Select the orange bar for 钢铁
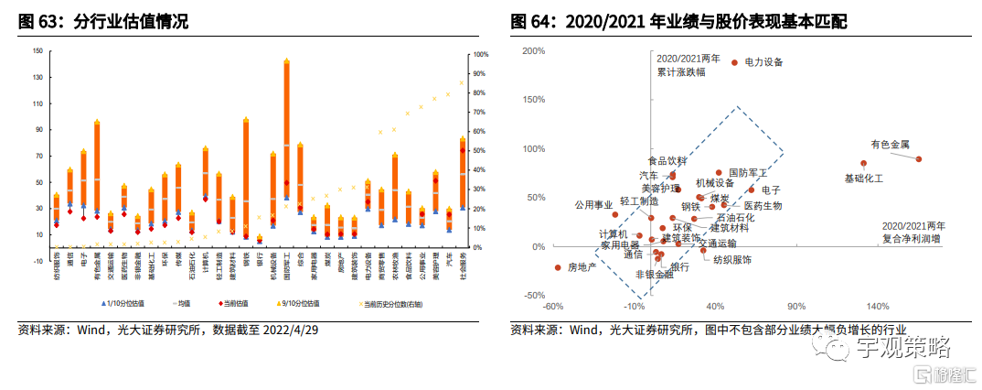246,174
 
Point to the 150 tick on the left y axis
37,51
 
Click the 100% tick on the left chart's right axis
479,55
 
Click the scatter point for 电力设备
733,62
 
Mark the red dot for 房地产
558,267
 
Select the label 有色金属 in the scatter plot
890,144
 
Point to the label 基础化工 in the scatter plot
863,178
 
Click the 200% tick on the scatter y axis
535,50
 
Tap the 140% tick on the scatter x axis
878,307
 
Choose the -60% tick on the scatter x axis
551,307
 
